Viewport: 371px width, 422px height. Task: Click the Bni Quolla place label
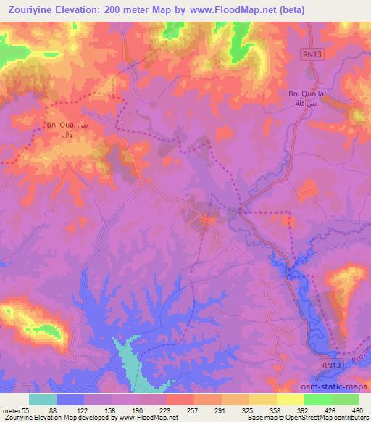coord(302,94)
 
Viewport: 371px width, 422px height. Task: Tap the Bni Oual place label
coord(62,125)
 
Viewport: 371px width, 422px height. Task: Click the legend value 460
coord(357,411)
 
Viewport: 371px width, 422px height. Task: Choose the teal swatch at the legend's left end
coord(43,400)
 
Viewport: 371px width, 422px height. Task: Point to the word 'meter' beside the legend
coord(10,411)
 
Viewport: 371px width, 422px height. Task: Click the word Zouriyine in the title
coord(30,9)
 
